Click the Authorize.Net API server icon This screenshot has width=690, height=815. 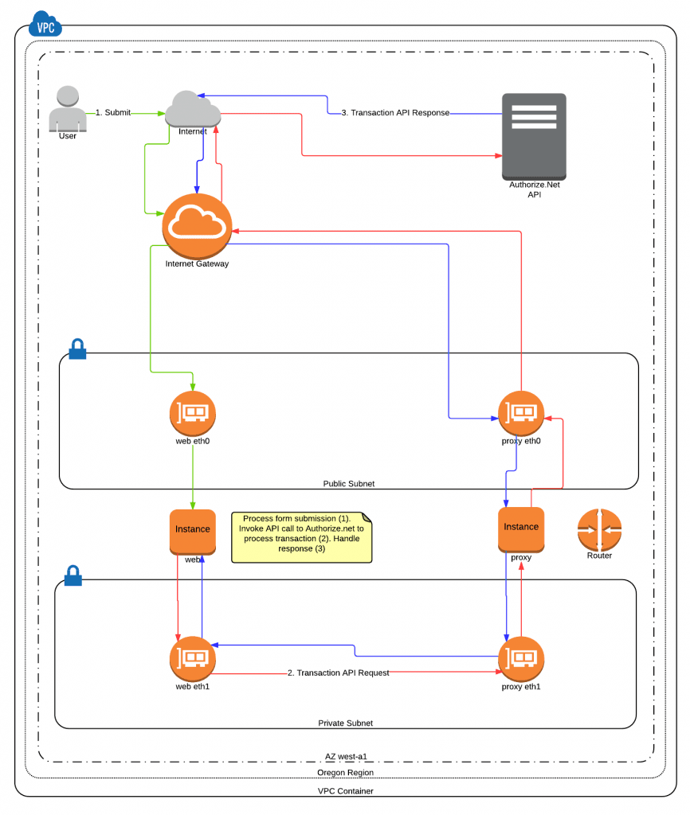tap(534, 136)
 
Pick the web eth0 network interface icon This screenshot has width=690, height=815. tap(192, 412)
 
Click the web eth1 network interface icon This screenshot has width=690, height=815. tap(192, 658)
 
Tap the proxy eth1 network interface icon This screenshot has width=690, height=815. tap(521, 658)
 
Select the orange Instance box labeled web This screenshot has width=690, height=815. tap(193, 531)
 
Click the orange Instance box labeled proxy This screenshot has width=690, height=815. tap(521, 529)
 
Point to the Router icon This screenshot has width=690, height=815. tap(599, 529)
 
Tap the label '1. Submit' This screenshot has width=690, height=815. tap(113, 113)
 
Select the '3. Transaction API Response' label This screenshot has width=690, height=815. tap(395, 113)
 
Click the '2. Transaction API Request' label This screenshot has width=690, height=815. tap(339, 673)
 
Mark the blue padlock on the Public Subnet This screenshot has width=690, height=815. tap(77, 349)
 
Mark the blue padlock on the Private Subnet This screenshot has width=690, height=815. tap(73, 575)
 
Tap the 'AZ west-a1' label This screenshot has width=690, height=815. tap(346, 756)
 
